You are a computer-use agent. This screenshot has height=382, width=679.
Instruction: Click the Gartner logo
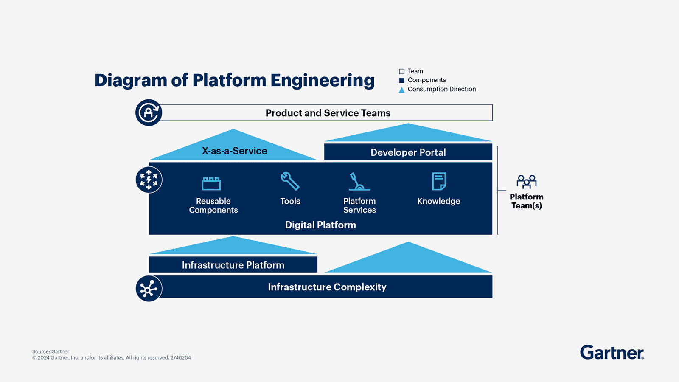pyautogui.click(x=612, y=352)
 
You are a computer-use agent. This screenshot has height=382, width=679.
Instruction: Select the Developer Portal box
pyautogui.click(x=408, y=152)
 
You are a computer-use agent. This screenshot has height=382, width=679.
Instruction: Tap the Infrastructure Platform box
pyautogui.click(x=233, y=265)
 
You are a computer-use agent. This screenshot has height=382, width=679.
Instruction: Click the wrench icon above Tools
pyautogui.click(x=290, y=181)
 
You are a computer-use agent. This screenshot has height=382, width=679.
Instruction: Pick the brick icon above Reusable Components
pyautogui.click(x=211, y=183)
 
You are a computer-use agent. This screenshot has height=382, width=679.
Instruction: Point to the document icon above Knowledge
pyautogui.click(x=439, y=181)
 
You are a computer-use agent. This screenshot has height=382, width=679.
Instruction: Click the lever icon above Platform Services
pyautogui.click(x=359, y=182)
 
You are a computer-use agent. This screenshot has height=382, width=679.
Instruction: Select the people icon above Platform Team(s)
pyautogui.click(x=526, y=182)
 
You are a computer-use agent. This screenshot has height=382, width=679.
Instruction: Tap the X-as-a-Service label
pyautogui.click(x=234, y=151)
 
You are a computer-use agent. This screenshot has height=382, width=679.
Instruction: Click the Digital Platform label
pyautogui.click(x=320, y=225)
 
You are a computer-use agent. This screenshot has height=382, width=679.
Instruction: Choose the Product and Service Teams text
pyautogui.click(x=328, y=113)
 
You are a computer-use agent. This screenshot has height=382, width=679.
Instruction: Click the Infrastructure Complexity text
pyautogui.click(x=327, y=287)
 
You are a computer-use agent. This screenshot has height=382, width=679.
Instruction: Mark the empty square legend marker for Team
pyautogui.click(x=401, y=71)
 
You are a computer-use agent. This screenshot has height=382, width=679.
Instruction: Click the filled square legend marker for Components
pyautogui.click(x=401, y=80)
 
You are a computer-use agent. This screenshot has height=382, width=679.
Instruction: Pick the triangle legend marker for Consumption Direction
pyautogui.click(x=401, y=90)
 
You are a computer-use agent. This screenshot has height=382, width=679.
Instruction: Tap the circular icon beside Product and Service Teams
pyautogui.click(x=149, y=112)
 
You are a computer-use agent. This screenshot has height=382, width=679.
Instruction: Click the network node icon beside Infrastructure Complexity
pyautogui.click(x=149, y=289)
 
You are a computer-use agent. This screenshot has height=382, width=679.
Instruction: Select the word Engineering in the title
pyautogui.click(x=323, y=80)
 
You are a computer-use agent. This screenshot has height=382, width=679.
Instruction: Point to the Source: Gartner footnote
pyautogui.click(x=51, y=351)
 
